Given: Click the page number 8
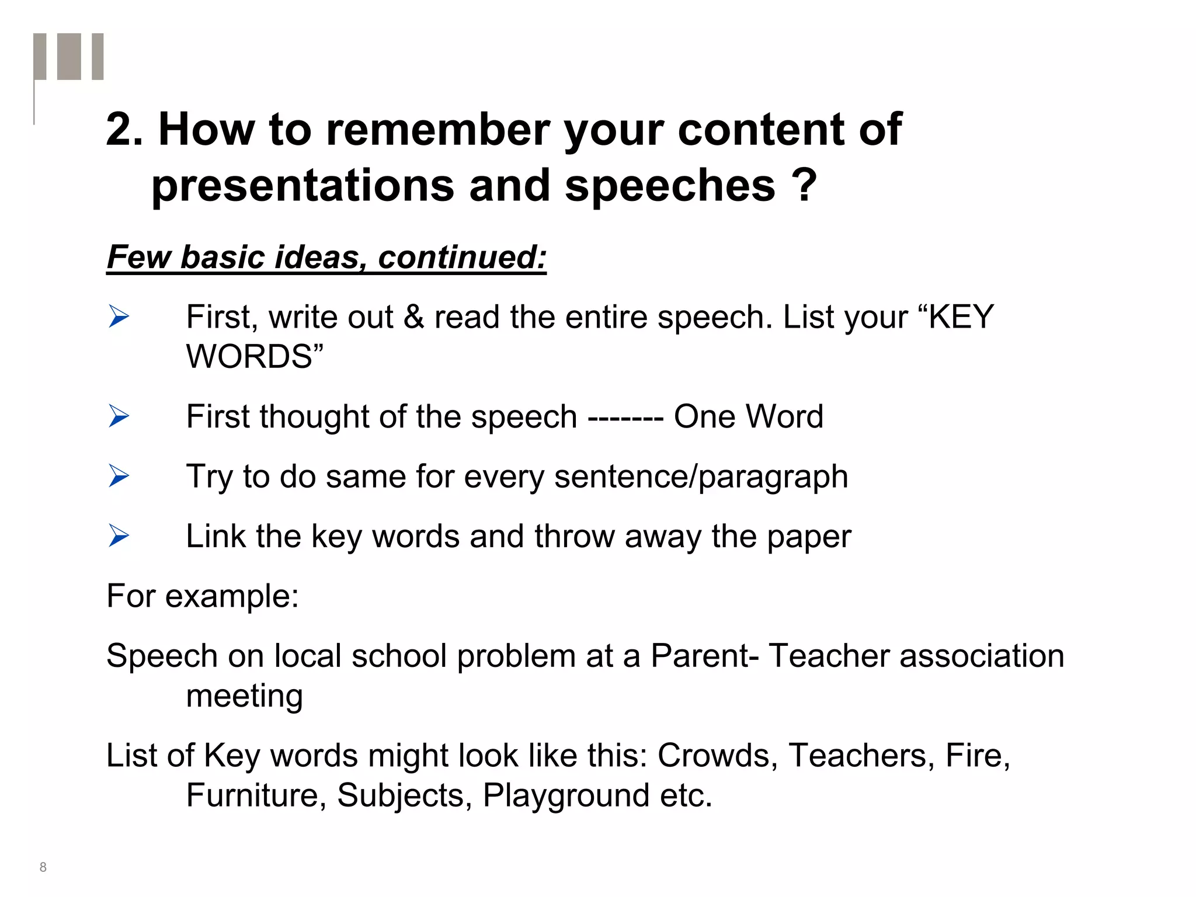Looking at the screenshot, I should point(43,867).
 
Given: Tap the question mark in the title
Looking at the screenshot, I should point(805,185).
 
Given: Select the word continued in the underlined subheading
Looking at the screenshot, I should point(462,257).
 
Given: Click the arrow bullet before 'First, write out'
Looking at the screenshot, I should point(119,317).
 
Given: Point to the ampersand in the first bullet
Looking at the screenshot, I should point(413,317).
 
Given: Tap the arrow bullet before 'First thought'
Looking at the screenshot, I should point(119,417).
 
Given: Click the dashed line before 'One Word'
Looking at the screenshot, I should point(625,418).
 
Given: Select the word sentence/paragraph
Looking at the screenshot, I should point(701,477).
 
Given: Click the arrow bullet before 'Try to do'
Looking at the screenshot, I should point(119,477).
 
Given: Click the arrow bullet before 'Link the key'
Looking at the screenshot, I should point(119,536).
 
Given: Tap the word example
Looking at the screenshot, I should point(232,597).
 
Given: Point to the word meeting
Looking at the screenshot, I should point(244,696).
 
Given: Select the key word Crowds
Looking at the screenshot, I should point(717,756).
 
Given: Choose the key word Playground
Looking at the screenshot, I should point(566,795).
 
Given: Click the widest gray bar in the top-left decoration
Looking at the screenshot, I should point(69,56).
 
